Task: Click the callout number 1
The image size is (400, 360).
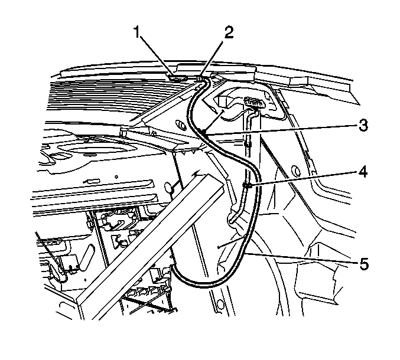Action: (x=138, y=32)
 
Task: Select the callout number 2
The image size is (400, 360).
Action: (x=229, y=32)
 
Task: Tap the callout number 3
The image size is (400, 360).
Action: (x=363, y=125)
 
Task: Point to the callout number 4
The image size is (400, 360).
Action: (x=363, y=172)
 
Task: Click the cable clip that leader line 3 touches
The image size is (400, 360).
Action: (x=204, y=132)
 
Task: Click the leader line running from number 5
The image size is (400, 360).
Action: (x=300, y=258)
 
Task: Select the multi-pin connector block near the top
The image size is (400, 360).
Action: (x=254, y=103)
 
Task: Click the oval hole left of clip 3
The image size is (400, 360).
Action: (x=181, y=126)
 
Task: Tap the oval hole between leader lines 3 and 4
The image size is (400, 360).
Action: (x=295, y=170)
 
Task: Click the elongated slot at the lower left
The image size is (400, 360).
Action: (x=86, y=257)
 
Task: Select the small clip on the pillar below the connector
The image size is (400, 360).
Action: (x=248, y=145)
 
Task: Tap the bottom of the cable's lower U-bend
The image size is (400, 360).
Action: (x=204, y=287)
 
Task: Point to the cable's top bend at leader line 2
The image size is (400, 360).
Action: (x=206, y=79)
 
